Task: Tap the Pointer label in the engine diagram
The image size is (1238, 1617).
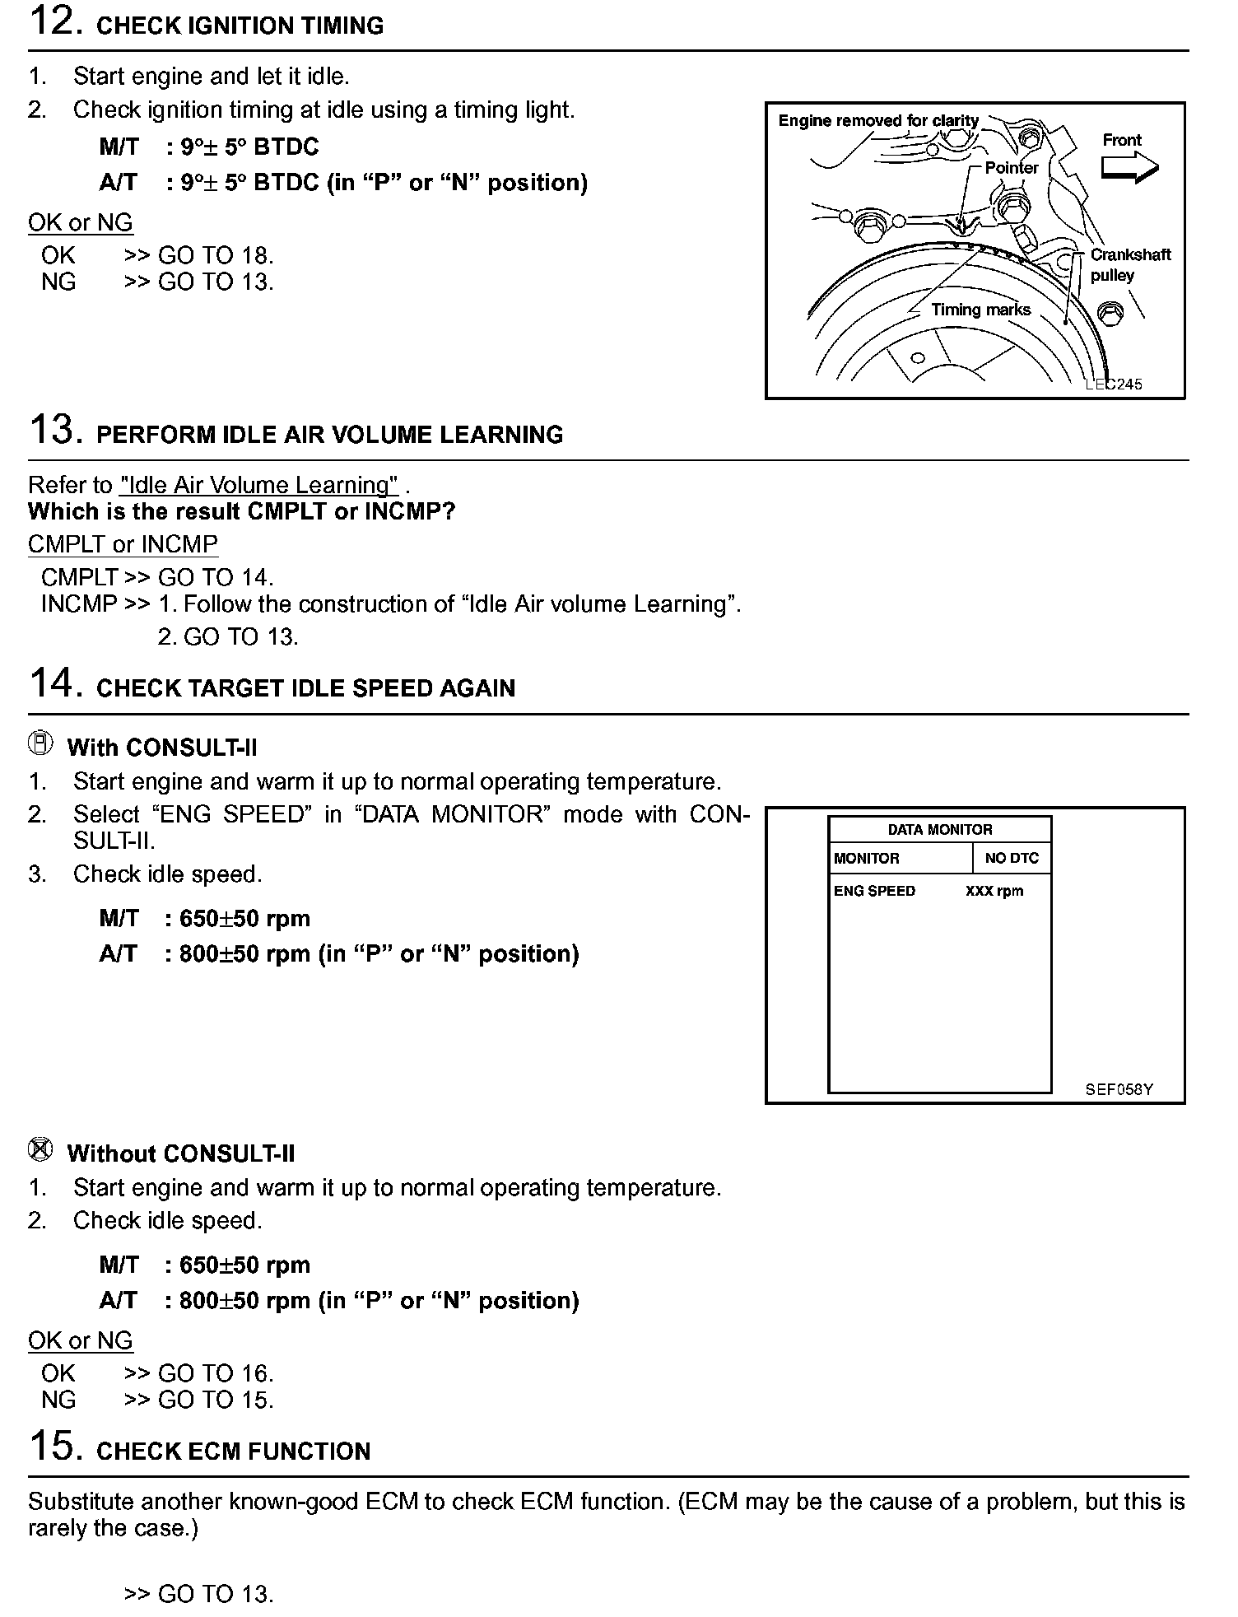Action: [x=1012, y=168]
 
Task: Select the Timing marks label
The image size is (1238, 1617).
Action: [x=980, y=310]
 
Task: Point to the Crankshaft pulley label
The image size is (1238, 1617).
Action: [x=1129, y=265]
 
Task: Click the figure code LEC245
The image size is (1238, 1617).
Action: [x=1114, y=384]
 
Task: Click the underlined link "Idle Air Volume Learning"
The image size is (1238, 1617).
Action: [x=259, y=485]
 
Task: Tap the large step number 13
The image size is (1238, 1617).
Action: [x=55, y=430]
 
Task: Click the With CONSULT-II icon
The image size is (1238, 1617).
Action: [x=40, y=743]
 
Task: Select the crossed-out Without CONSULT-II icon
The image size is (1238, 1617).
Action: [x=40, y=1149]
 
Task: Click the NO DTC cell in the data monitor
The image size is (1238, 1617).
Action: [x=1012, y=858]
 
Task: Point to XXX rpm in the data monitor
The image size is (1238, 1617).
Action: [x=994, y=891]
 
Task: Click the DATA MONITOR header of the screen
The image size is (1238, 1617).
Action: [x=940, y=830]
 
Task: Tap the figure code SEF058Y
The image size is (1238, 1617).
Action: [x=1119, y=1089]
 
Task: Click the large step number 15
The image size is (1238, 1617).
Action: [x=55, y=1447]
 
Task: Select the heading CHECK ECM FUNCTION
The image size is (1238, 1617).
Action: [x=234, y=1452]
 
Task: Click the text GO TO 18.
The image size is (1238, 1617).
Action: [x=216, y=255]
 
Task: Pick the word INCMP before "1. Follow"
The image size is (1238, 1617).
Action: [x=79, y=604]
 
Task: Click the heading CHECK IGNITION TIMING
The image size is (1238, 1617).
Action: [x=240, y=26]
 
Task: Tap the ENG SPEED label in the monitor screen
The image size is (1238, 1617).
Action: [x=874, y=891]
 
